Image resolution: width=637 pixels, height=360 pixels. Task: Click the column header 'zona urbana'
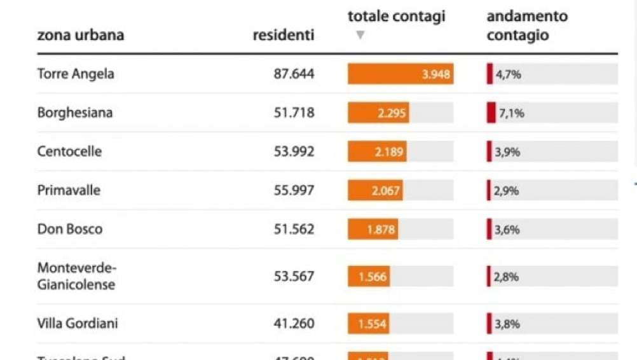(x=80, y=35)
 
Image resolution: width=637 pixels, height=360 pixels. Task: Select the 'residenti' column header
(x=284, y=35)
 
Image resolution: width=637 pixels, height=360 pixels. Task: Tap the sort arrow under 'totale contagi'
(x=360, y=35)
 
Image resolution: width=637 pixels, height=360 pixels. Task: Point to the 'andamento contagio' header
(x=526, y=25)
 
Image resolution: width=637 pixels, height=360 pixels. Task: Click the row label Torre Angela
(x=76, y=74)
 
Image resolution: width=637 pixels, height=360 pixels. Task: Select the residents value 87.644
(x=294, y=74)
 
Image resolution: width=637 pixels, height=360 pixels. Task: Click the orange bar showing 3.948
(x=400, y=74)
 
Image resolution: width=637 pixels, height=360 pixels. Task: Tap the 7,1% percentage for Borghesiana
(x=510, y=113)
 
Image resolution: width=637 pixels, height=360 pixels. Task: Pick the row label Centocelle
(x=69, y=151)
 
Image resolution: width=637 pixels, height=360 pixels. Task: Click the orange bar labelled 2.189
(x=377, y=151)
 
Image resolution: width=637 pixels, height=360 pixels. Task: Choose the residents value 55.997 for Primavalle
(x=294, y=190)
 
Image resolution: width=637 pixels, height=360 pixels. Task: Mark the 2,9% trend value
(x=507, y=191)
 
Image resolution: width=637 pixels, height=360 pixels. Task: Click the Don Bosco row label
(x=70, y=229)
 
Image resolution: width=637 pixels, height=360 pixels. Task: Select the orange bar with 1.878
(x=373, y=229)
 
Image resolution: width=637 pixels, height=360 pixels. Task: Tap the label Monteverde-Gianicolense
(x=77, y=275)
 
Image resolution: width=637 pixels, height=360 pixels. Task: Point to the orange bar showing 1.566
(x=368, y=276)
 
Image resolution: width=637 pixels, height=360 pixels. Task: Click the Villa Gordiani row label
(x=78, y=323)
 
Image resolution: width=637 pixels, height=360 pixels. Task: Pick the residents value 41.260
(x=294, y=323)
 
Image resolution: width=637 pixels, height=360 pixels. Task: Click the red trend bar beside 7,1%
(x=491, y=113)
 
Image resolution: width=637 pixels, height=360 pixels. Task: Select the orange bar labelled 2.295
(x=378, y=113)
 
